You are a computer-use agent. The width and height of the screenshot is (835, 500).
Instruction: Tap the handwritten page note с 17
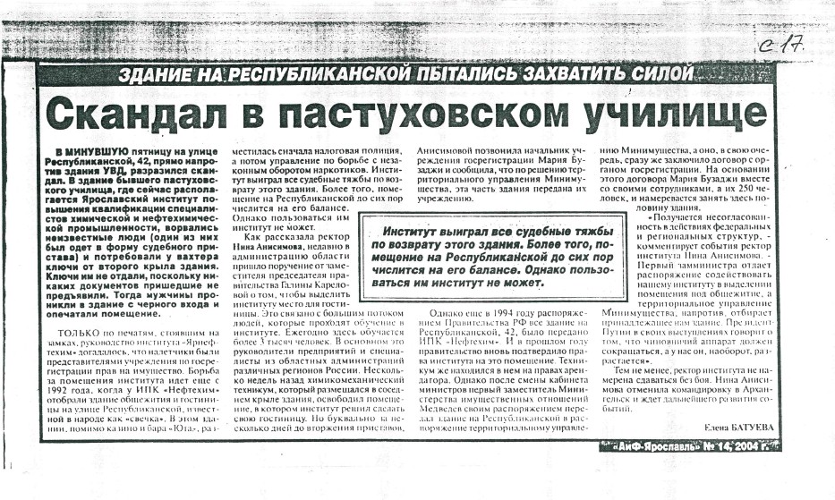[780, 46]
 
